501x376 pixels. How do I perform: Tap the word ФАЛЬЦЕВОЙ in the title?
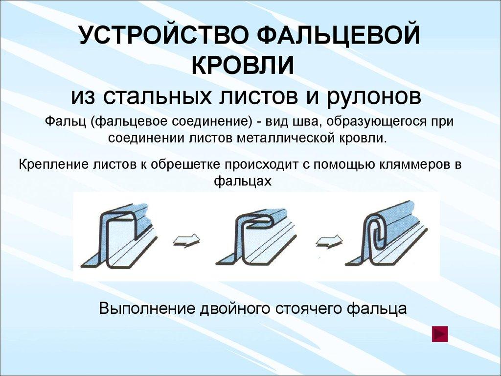tap(339, 38)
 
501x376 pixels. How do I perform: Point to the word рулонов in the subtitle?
tap(376, 95)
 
